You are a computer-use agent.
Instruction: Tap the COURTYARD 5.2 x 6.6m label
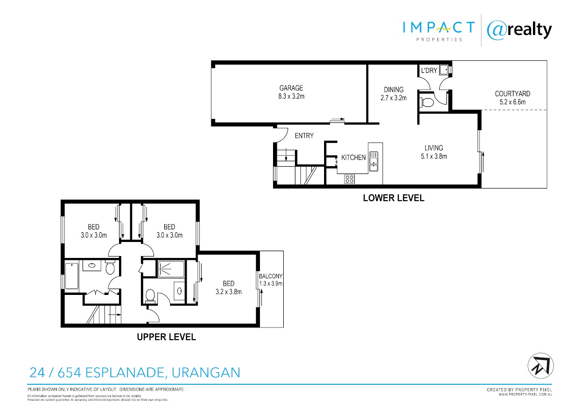click(512, 98)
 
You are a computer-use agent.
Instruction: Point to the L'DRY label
click(429, 70)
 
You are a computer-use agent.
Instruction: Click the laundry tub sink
click(445, 70)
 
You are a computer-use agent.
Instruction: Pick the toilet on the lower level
click(427, 102)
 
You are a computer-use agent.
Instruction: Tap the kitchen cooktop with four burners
click(349, 179)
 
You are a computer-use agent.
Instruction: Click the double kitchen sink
click(374, 161)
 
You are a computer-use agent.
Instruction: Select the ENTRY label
click(304, 136)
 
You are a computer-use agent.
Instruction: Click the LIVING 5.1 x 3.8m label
click(433, 152)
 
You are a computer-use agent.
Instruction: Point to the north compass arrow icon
click(541, 366)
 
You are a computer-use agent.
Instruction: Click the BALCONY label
click(271, 276)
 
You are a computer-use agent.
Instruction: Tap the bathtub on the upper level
click(71, 276)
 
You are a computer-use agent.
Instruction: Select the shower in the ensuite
click(171, 269)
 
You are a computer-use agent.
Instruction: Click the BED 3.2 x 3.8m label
click(228, 288)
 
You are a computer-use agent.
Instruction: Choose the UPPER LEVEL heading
click(166, 337)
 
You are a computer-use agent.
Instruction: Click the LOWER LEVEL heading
click(394, 198)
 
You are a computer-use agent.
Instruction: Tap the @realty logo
click(519, 31)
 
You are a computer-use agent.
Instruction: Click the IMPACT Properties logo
click(439, 31)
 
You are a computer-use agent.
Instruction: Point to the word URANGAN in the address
click(206, 373)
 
